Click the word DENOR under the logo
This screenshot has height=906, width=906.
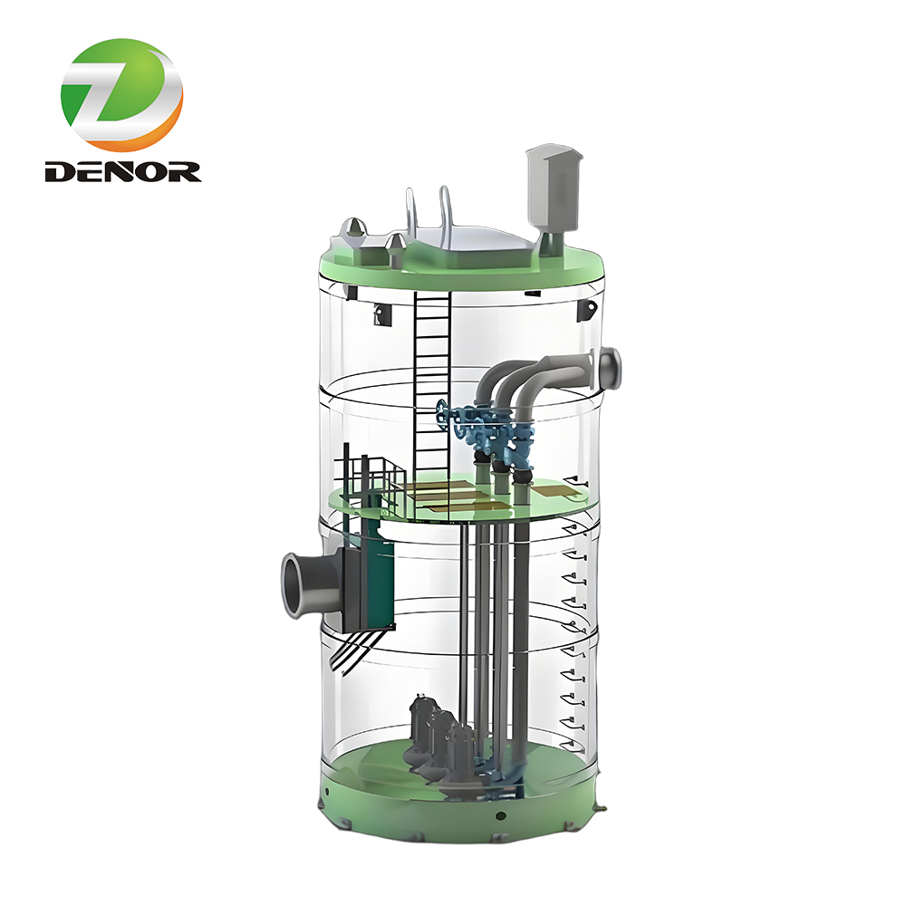122,170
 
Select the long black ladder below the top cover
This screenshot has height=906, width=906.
431,381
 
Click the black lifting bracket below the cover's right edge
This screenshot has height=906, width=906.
587,309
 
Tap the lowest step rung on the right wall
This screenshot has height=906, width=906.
568,743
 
